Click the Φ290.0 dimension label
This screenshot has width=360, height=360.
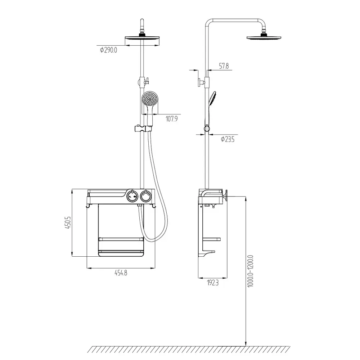[x=108, y=50]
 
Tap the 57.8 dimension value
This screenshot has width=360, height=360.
[x=224, y=66]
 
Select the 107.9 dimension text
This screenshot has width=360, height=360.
[x=171, y=119]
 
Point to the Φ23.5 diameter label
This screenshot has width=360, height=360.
[x=228, y=139]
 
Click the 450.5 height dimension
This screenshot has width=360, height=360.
[x=68, y=222]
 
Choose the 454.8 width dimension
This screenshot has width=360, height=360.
[x=121, y=273]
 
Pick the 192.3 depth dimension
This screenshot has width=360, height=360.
[x=213, y=283]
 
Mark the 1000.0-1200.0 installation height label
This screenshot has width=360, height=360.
[x=250, y=271]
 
